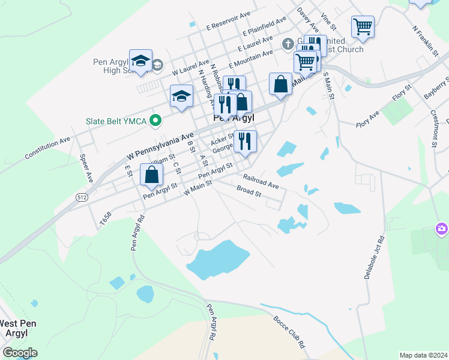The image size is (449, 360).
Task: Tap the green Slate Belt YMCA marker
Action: (x=156, y=122)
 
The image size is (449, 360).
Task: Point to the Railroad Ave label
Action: (x=261, y=181)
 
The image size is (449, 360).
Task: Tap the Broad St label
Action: (x=249, y=193)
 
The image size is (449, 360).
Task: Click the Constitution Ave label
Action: (x=47, y=149)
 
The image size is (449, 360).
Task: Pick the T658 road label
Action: (x=106, y=218)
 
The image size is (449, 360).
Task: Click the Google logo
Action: (x=20, y=353)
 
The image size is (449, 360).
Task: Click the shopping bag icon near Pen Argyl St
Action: (x=152, y=175)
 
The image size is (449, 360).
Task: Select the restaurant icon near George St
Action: (x=245, y=141)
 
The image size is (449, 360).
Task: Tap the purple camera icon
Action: (x=441, y=229)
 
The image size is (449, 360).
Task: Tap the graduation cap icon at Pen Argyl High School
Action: (x=140, y=61)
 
